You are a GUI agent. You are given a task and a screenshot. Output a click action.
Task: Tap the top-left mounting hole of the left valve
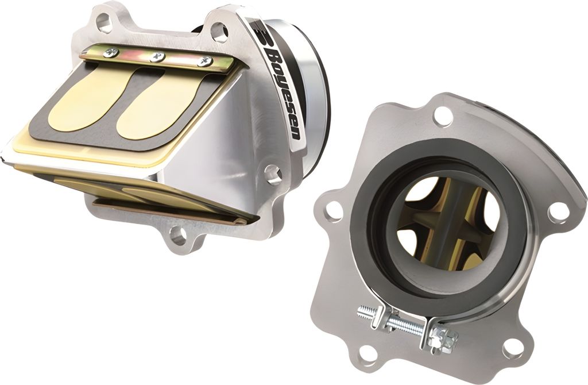104,23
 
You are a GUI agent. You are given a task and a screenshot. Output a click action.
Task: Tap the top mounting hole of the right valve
443,115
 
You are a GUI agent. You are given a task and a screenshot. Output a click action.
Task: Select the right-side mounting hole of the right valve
558,211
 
